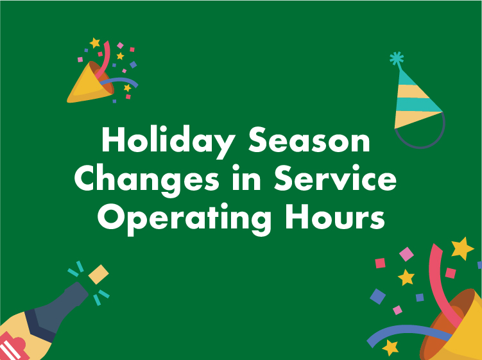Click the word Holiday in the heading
[x=168, y=142]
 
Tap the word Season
[x=309, y=140]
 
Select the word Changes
[x=147, y=180]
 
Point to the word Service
[x=336, y=178]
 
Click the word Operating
[x=184, y=218]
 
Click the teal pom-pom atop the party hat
[x=397, y=58]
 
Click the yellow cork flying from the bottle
[x=98, y=274]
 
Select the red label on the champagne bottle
[x=12, y=347]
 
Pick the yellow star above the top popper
[x=95, y=43]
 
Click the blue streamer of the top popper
[x=119, y=81]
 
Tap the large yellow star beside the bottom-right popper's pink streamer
[x=462, y=248]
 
